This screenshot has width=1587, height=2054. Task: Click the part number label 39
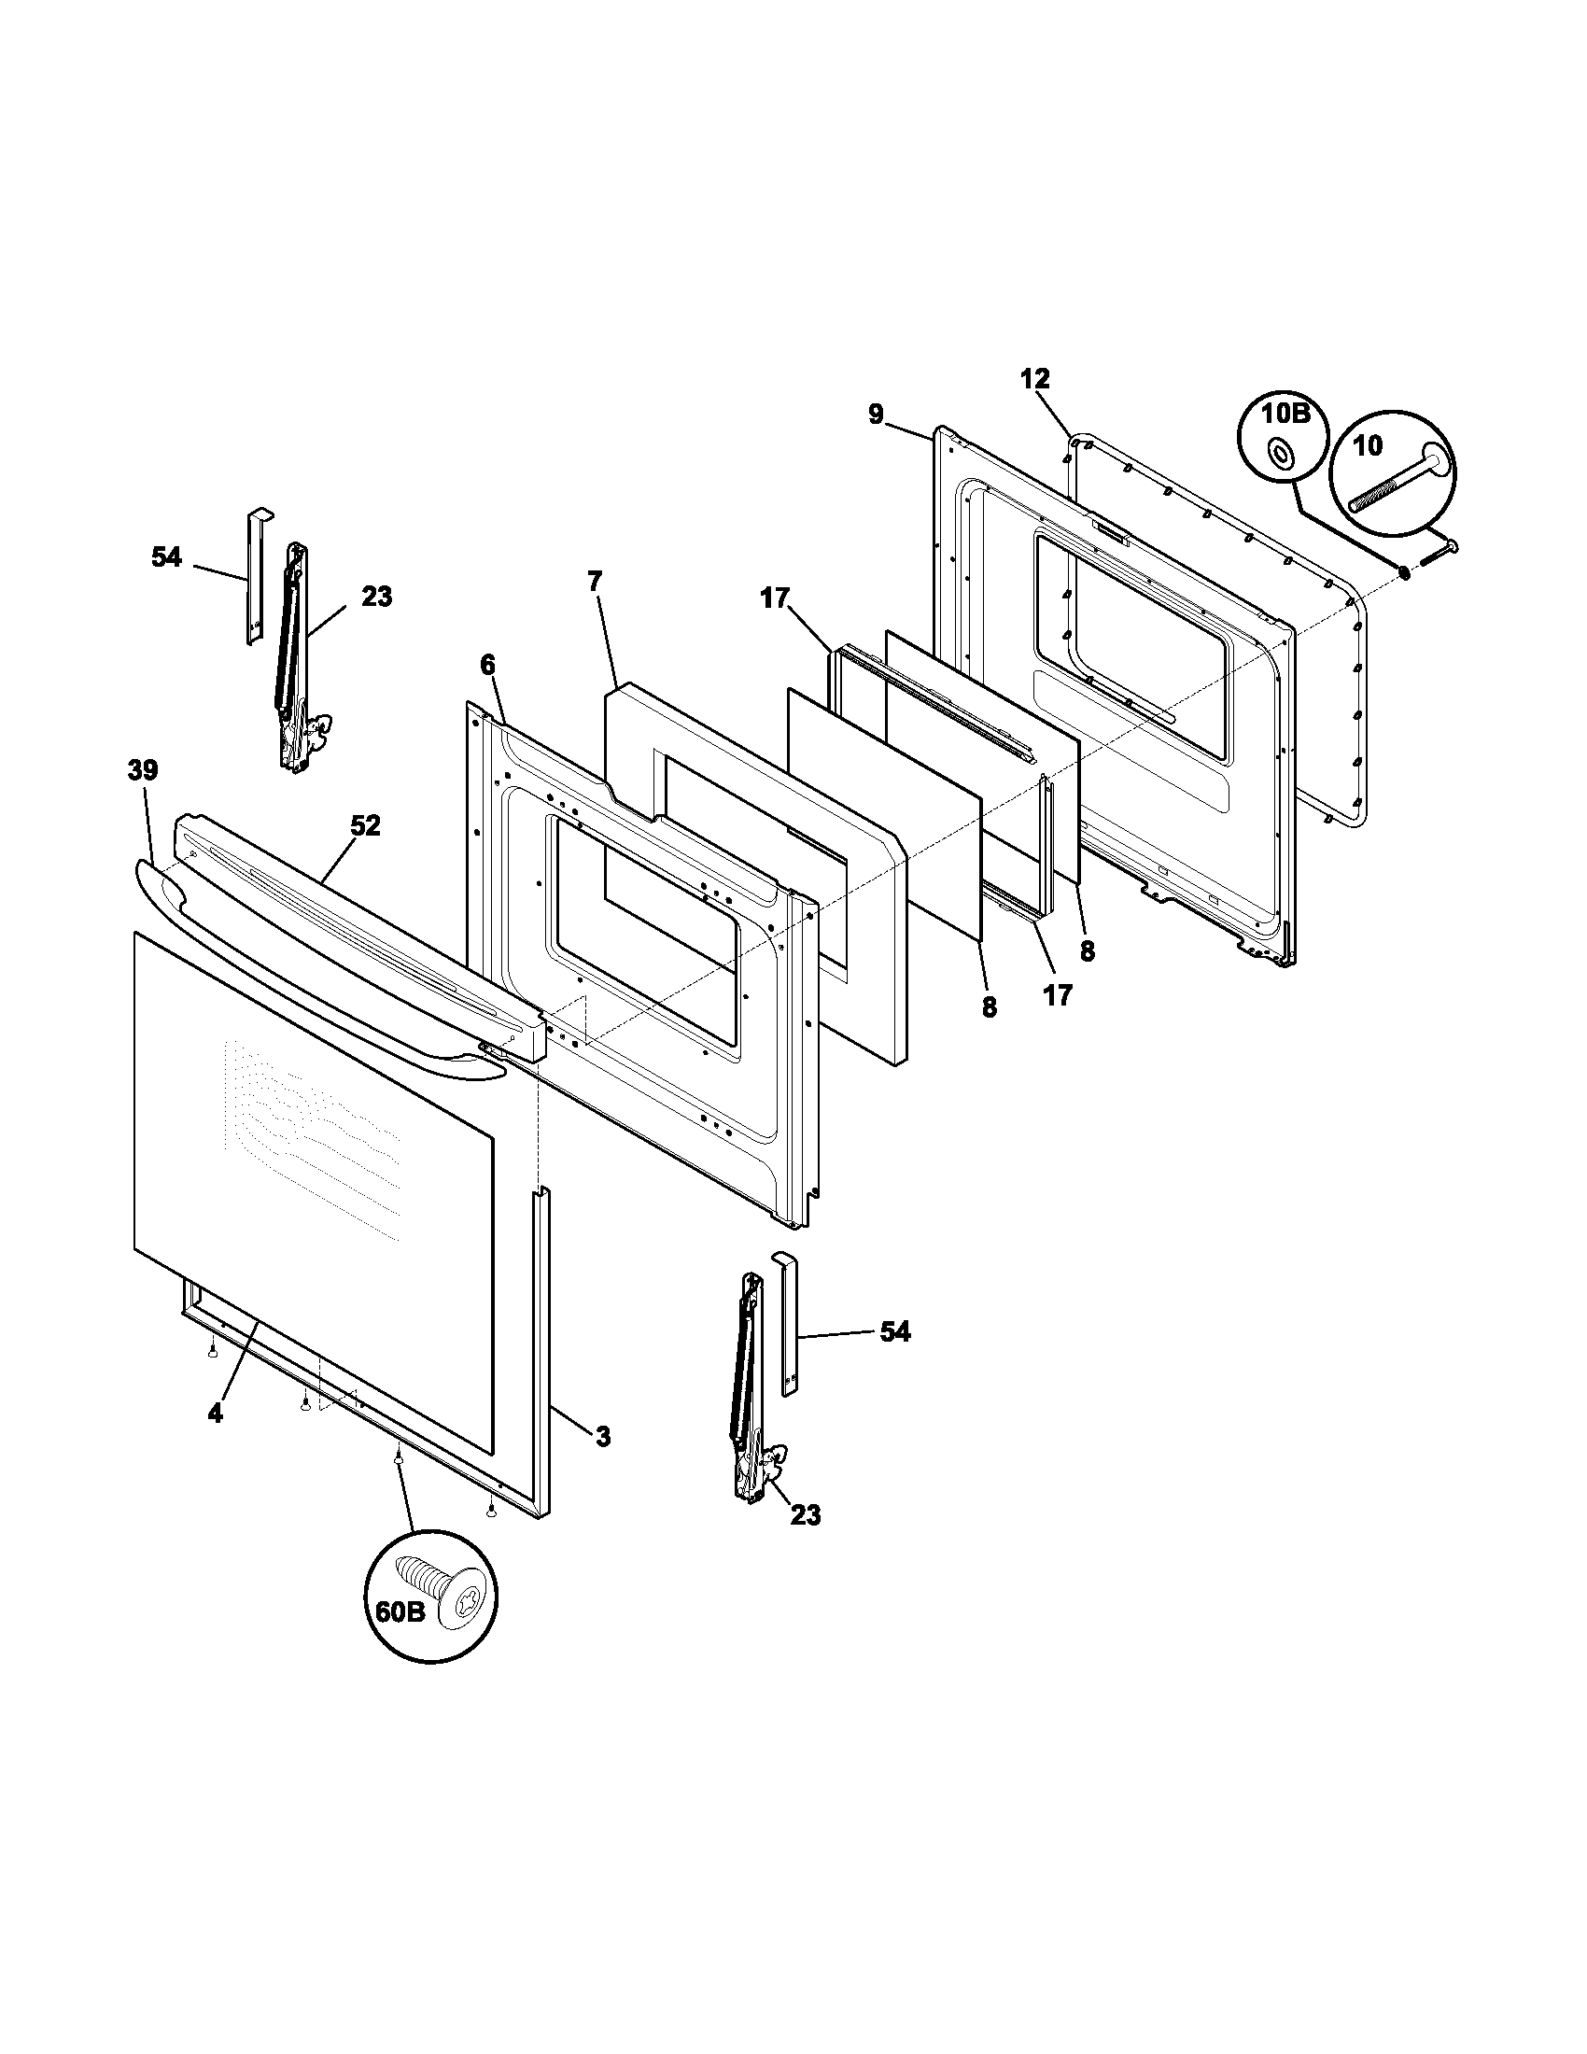pos(143,770)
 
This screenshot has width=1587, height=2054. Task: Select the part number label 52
pos(365,825)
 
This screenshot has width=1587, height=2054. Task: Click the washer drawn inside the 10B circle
pos(1281,454)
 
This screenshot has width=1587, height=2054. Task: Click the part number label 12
pos(1034,379)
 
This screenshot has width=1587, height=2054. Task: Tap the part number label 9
pos(876,414)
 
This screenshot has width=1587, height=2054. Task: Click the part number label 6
pos(486,665)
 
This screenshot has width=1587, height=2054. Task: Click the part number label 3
pos(603,1436)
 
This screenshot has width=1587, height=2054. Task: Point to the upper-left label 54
pos(166,556)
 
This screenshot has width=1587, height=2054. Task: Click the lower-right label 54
pos(894,1331)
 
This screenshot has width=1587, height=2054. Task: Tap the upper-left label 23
pos(376,597)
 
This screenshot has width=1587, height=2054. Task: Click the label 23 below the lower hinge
pos(806,1515)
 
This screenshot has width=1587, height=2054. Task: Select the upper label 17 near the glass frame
pos(776,598)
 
